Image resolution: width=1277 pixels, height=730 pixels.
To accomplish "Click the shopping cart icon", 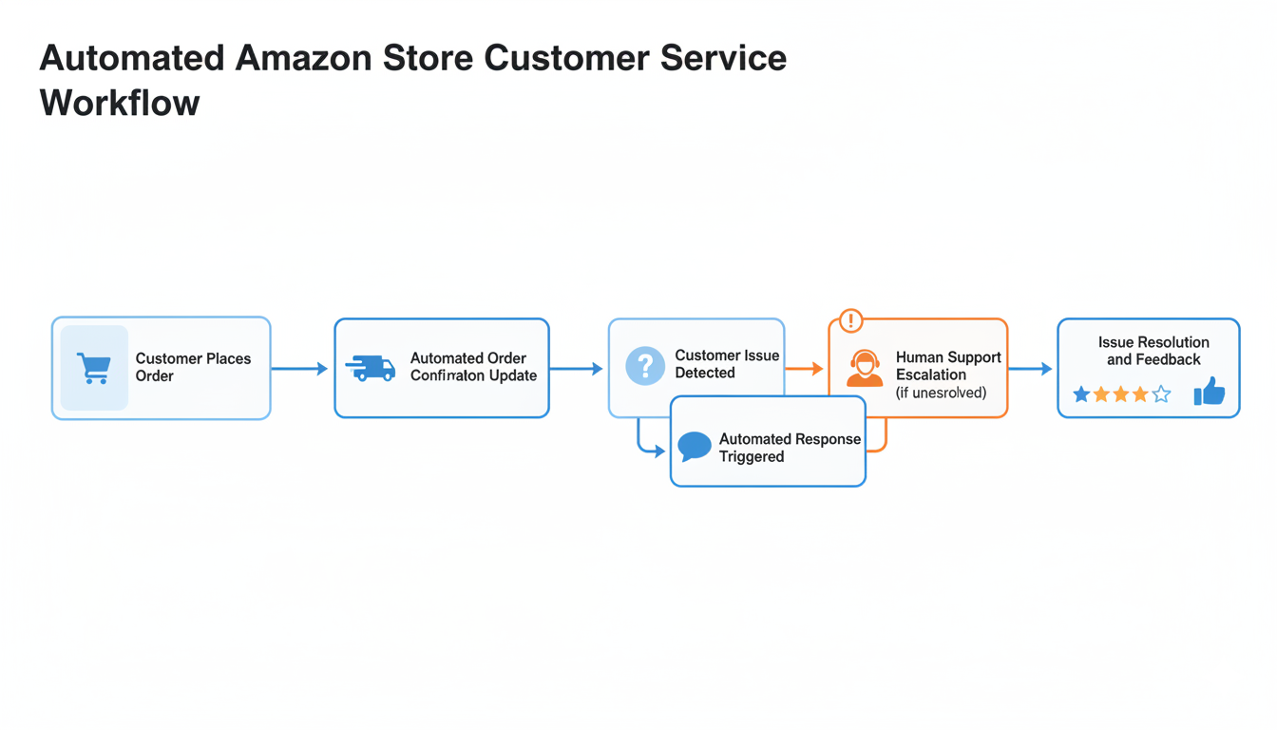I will click(x=93, y=368).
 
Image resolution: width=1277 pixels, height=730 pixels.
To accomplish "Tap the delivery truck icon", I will click(x=371, y=368).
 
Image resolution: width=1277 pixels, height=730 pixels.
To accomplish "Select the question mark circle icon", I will click(x=645, y=366).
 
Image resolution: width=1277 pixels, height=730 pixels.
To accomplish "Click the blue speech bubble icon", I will click(x=695, y=446).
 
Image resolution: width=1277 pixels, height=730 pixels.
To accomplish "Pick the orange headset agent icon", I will click(x=864, y=369).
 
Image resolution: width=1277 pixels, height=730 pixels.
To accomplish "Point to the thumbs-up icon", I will click(x=1209, y=392).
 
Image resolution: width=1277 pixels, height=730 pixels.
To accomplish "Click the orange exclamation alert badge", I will click(x=850, y=320).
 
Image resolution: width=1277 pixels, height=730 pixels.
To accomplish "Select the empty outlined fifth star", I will click(x=1161, y=394).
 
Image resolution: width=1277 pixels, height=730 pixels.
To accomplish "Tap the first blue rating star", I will click(x=1081, y=394).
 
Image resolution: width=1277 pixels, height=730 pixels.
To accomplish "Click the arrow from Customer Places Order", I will click(x=300, y=369).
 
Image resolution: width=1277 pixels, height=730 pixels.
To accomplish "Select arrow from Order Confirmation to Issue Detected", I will click(x=576, y=369).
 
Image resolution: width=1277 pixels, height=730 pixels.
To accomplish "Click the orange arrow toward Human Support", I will click(x=805, y=369).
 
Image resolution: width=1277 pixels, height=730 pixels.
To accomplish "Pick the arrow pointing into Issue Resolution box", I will click(x=1030, y=369).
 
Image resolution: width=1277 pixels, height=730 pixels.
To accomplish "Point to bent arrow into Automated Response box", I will click(x=650, y=447).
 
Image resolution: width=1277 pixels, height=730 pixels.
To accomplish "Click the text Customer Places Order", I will click(x=193, y=367).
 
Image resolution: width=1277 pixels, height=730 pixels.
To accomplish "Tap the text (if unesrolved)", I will click(x=941, y=393).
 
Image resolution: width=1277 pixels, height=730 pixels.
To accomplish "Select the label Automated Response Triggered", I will click(x=790, y=448).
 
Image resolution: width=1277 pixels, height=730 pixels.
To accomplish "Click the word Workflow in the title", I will click(x=120, y=103).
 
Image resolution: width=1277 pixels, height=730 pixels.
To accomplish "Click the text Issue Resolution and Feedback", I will click(x=1153, y=351).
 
